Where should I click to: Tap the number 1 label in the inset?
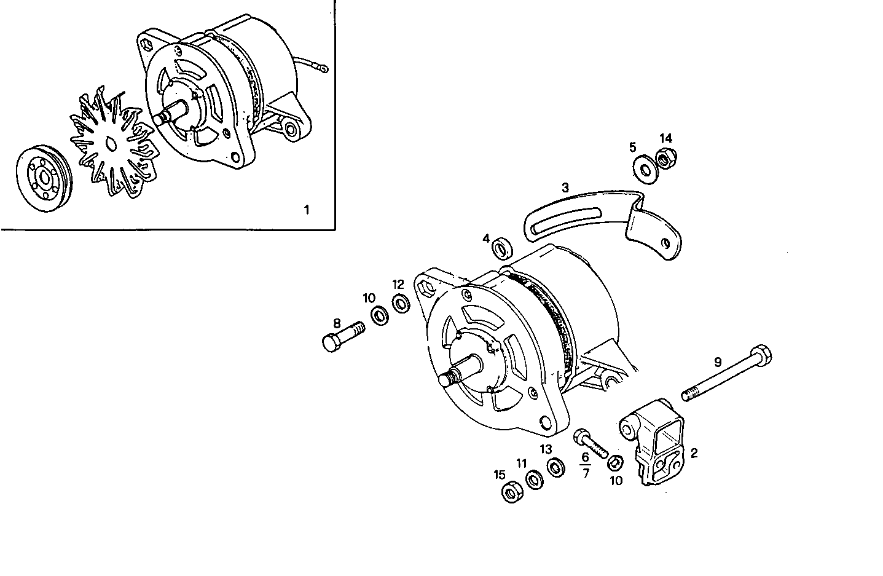pyautogui.click(x=307, y=210)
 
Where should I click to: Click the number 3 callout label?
pyautogui.click(x=565, y=187)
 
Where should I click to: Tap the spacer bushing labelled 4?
pyautogui.click(x=503, y=249)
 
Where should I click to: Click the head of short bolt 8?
pyautogui.click(x=331, y=342)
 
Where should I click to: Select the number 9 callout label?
pyautogui.click(x=717, y=362)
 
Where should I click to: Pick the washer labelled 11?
pyautogui.click(x=534, y=481)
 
